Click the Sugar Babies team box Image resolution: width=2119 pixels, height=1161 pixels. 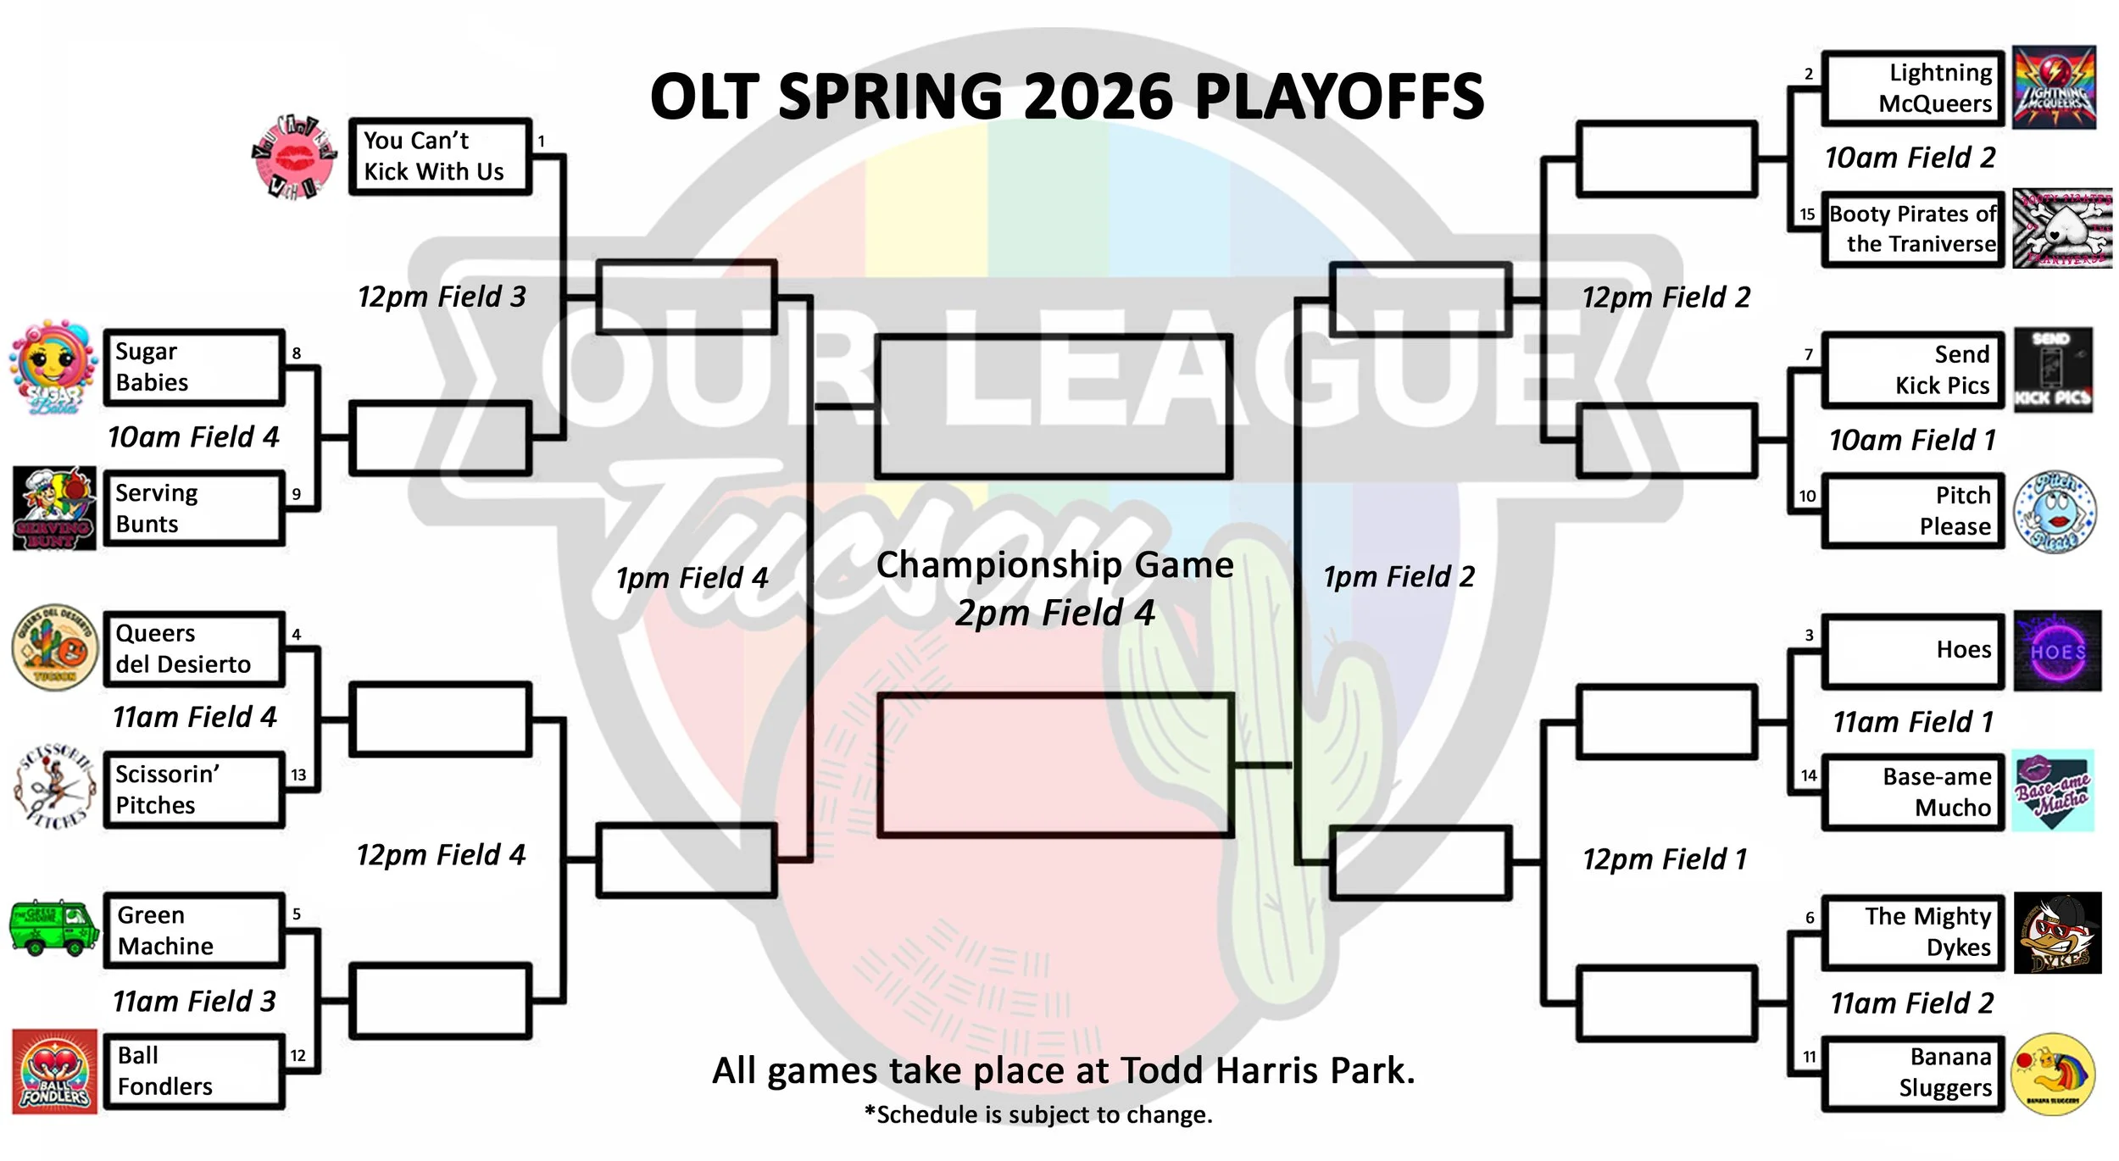(x=193, y=367)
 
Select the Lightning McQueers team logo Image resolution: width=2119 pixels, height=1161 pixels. (x=2054, y=87)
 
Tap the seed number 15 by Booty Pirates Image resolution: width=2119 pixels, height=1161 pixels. (x=1807, y=214)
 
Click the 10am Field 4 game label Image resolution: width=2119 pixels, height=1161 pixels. (x=193, y=437)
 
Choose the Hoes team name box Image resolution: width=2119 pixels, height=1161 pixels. (x=1912, y=651)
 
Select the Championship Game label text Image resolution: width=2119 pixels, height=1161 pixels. (x=1054, y=565)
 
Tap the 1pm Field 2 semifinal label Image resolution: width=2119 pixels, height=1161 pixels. (x=1399, y=577)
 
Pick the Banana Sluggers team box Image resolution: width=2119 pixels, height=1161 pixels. (x=1912, y=1073)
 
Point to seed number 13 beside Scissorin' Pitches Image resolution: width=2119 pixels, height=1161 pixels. (x=298, y=775)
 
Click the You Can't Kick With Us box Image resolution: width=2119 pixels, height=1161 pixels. (x=440, y=157)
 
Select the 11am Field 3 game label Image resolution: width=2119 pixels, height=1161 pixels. (x=194, y=1002)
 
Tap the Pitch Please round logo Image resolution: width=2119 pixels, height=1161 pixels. (x=2055, y=512)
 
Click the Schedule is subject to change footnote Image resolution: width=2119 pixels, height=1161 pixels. (x=1038, y=1115)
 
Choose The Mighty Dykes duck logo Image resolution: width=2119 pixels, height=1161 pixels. (x=2057, y=933)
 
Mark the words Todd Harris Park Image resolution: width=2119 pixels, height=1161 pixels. (x=1267, y=1071)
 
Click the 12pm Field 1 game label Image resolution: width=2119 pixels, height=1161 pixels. (x=1664, y=859)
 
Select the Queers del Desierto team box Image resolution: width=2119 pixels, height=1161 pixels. (x=193, y=649)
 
